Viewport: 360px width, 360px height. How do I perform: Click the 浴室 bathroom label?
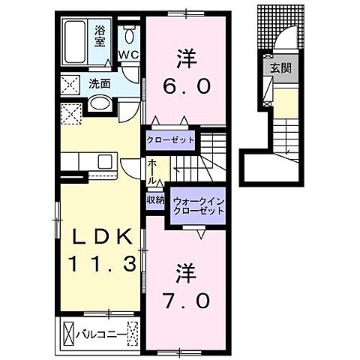[x=100, y=34]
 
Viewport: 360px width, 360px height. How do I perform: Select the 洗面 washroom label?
[x=100, y=83]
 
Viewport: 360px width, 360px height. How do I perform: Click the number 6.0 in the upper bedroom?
[x=186, y=86]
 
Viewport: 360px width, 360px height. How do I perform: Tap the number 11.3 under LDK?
[x=103, y=264]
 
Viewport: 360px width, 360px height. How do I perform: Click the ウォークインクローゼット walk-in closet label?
[x=199, y=205]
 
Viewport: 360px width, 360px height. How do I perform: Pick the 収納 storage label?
[x=155, y=199]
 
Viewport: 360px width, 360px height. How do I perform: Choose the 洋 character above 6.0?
[x=186, y=56]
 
